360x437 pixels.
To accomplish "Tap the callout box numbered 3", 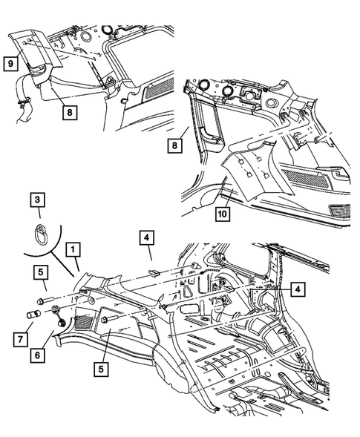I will pyautogui.click(x=36, y=199).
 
